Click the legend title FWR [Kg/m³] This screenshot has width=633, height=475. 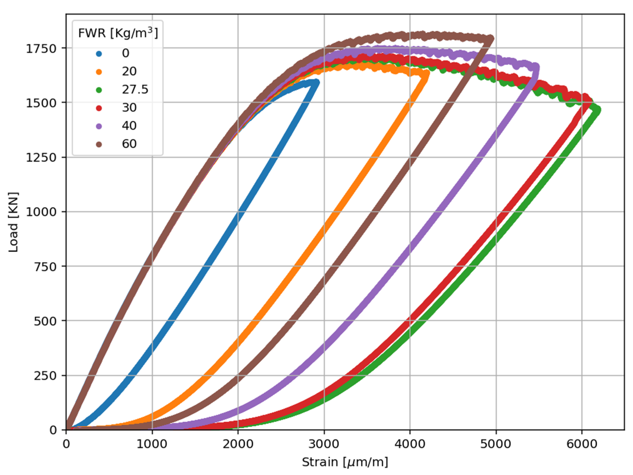pyautogui.click(x=118, y=33)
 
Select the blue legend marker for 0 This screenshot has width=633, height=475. pyautogui.click(x=99, y=53)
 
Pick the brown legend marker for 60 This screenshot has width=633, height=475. pyautogui.click(x=99, y=144)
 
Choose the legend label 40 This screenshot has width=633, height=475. pyautogui.click(x=129, y=126)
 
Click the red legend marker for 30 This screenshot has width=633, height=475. pyautogui.click(x=99, y=108)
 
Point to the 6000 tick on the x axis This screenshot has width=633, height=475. pyautogui.click(x=582, y=444)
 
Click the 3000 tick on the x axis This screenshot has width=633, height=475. pyautogui.click(x=324, y=444)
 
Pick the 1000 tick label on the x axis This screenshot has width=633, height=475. pyautogui.click(x=152, y=444)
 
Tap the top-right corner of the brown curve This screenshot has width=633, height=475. pyautogui.click(x=491, y=38)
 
